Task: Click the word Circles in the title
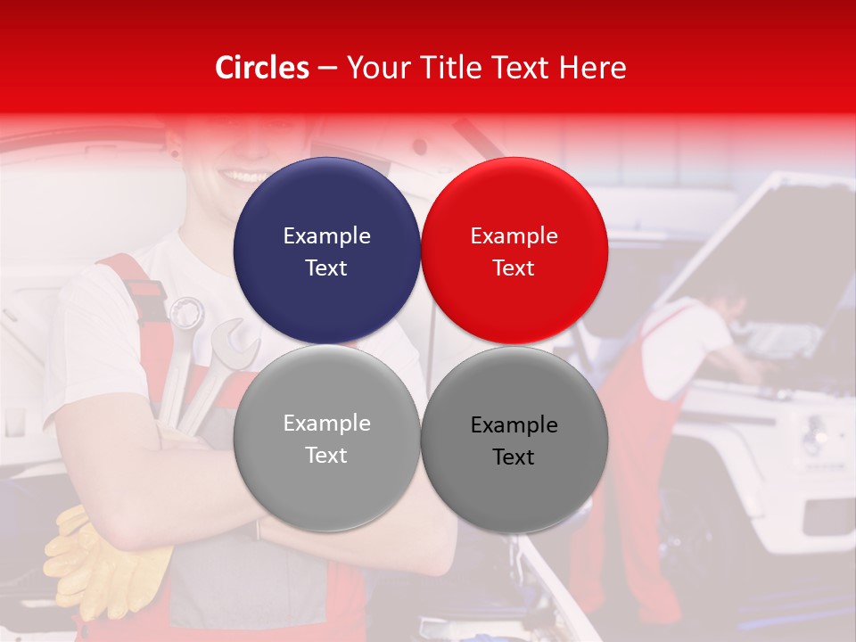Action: pos(262,68)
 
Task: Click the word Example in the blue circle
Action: pos(326,236)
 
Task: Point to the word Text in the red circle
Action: pos(514,268)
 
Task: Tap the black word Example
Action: pos(514,425)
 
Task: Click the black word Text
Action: pos(514,457)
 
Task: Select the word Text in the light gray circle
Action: pos(326,456)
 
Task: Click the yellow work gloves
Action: pos(98,557)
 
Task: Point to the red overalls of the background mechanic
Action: pos(624,446)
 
